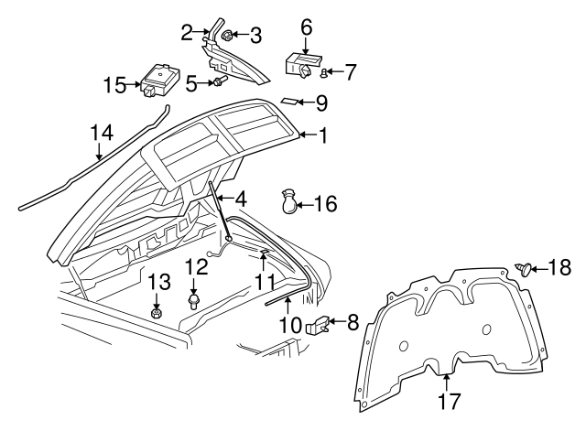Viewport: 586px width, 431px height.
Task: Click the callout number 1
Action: point(321,135)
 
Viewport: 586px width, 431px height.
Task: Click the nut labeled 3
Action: point(229,37)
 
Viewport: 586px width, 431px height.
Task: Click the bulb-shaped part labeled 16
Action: point(289,203)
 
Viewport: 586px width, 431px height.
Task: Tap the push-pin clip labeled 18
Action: point(526,268)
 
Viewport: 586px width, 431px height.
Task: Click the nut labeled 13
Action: point(157,313)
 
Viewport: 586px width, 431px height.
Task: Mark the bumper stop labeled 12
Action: point(194,301)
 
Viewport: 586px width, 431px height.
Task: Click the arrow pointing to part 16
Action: point(306,203)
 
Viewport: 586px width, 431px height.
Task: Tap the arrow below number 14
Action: point(102,152)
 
